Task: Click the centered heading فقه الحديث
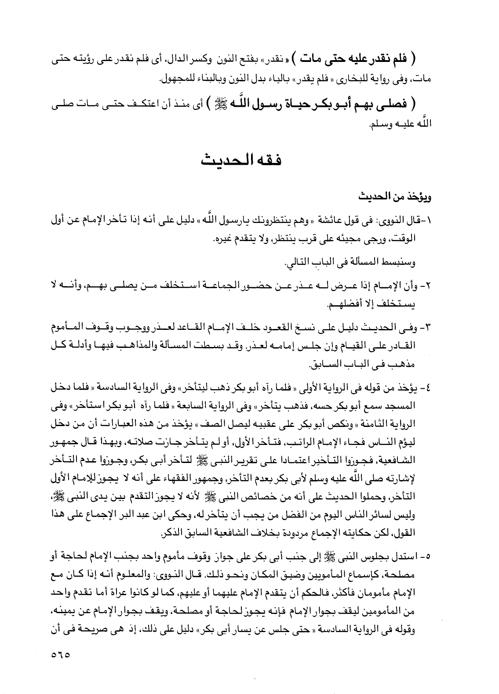pos(241,159)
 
